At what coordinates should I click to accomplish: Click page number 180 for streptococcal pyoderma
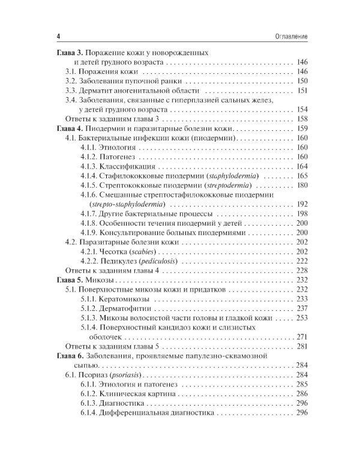[x=301, y=185]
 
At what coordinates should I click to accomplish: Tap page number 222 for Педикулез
[x=301, y=262]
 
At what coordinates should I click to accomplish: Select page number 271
[x=301, y=337]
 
